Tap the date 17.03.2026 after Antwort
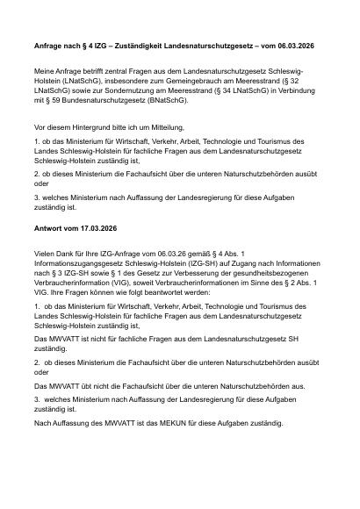pos(97,227)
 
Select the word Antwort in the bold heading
pos(48,227)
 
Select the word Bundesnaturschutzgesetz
pos(96,100)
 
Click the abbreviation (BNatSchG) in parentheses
pos(161,100)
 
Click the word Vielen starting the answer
pos(43,253)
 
